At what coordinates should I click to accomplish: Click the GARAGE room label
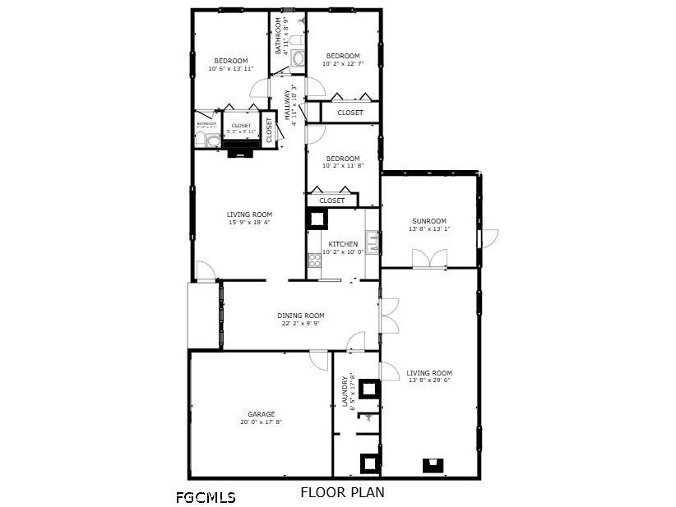pyautogui.click(x=262, y=414)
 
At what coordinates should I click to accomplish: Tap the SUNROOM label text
pyautogui.click(x=428, y=221)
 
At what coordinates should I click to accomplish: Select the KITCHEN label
pyautogui.click(x=343, y=244)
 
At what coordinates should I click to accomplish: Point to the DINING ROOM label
pyautogui.click(x=300, y=316)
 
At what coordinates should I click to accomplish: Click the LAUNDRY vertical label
pyautogui.click(x=345, y=392)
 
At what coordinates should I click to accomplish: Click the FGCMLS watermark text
pyautogui.click(x=206, y=497)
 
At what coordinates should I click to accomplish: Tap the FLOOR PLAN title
pyautogui.click(x=342, y=493)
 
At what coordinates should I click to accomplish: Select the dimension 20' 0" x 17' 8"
pyautogui.click(x=262, y=422)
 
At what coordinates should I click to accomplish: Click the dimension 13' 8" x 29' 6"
pyautogui.click(x=430, y=381)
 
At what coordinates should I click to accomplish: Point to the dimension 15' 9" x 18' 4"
pyautogui.click(x=249, y=222)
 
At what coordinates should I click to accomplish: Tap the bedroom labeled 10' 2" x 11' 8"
pyautogui.click(x=342, y=159)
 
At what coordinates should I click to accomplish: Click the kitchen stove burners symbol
pyautogui.click(x=314, y=260)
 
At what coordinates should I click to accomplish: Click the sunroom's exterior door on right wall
pyautogui.click(x=488, y=237)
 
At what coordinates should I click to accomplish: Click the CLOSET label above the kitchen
pyautogui.click(x=332, y=200)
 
